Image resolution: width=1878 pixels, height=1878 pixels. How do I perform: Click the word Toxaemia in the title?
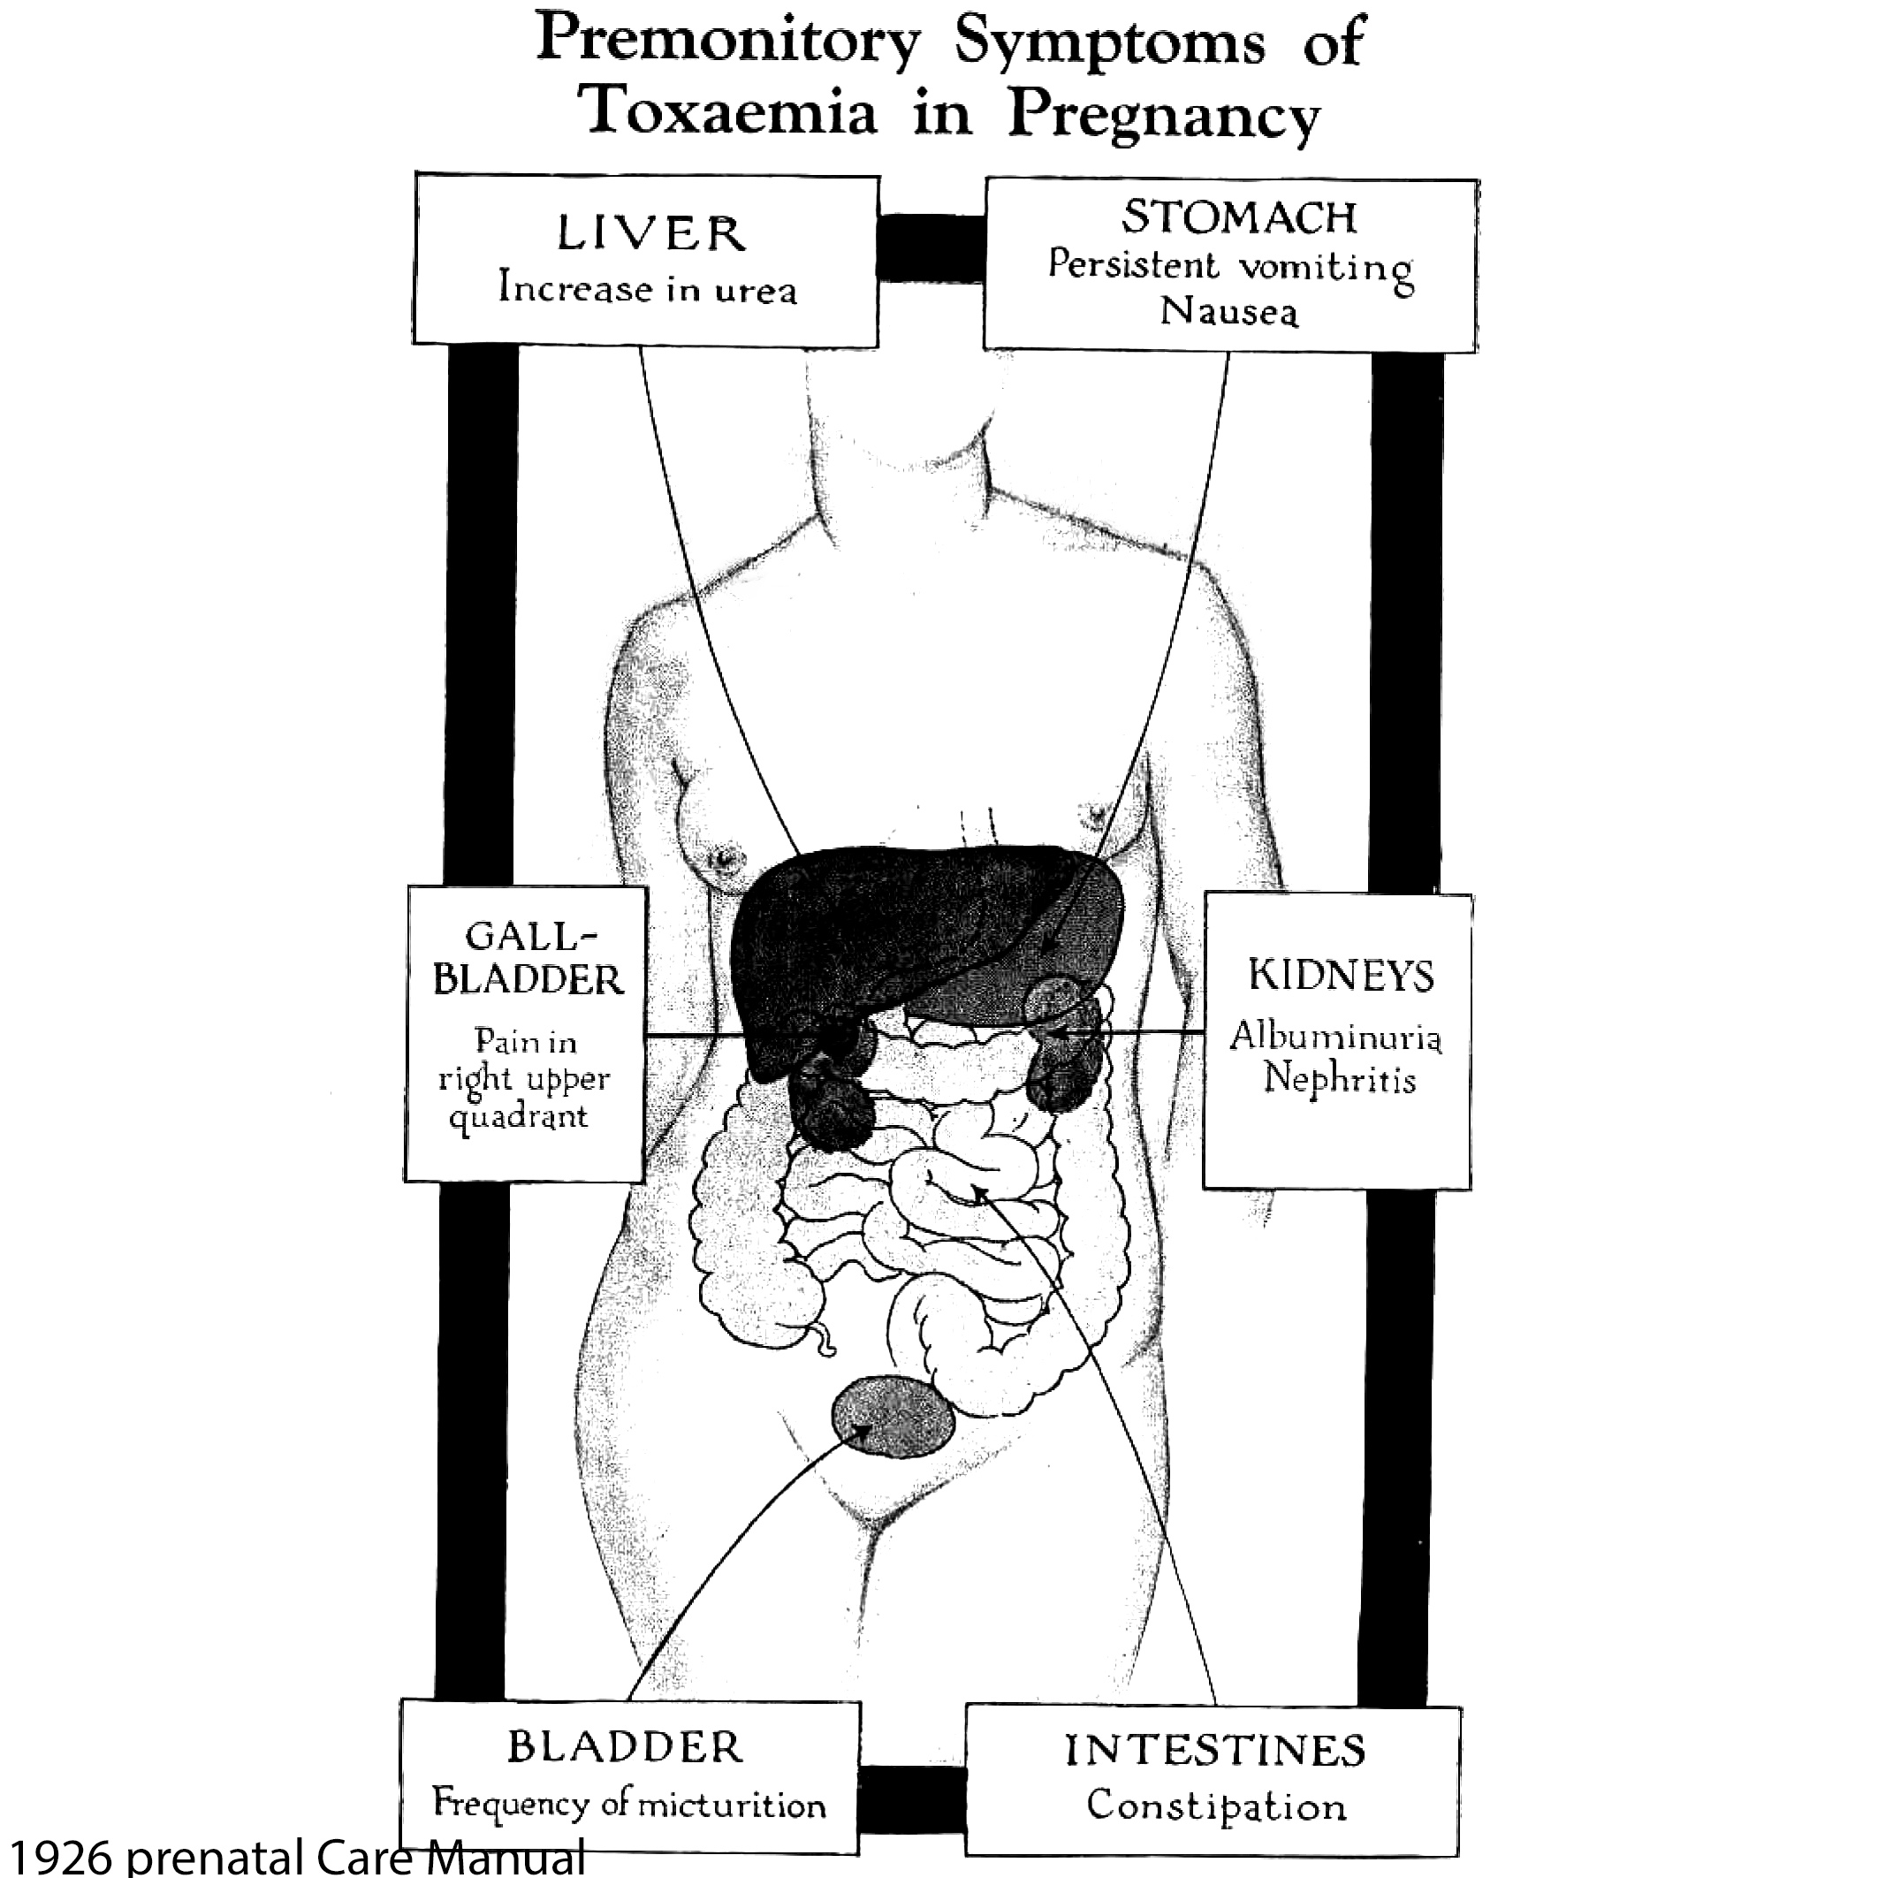727,111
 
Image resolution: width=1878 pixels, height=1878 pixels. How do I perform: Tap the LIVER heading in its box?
650,233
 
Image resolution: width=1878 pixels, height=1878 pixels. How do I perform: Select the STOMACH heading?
1238,217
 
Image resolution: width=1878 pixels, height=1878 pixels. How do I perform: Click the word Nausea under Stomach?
1228,311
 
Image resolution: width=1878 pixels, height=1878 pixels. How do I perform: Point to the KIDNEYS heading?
1341,975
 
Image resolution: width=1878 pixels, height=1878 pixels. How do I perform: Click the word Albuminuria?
1335,1036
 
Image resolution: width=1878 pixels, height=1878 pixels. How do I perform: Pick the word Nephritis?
1339,1079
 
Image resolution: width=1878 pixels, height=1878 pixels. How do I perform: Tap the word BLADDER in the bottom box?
625,1747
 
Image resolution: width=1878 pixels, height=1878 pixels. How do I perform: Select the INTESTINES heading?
1215,1750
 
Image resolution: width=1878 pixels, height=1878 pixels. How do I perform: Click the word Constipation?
1216,1806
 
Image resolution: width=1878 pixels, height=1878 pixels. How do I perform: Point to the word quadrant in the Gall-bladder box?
518,1117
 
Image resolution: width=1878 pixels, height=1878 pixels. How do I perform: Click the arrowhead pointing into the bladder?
859,1428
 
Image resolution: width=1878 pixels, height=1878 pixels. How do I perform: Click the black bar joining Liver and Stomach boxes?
931,247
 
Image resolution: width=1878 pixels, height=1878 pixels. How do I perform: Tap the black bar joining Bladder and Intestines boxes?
912,1798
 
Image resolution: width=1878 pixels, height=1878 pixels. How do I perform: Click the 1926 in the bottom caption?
60,1856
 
